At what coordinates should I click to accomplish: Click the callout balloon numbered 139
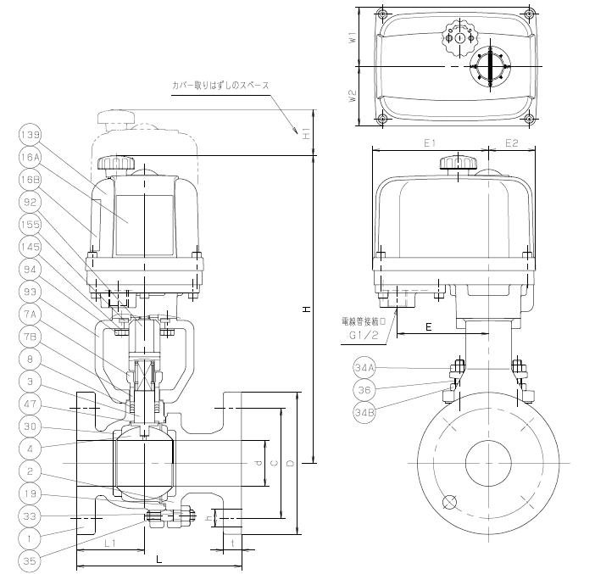pyautogui.click(x=30, y=134)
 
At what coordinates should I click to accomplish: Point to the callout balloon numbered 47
pyautogui.click(x=30, y=406)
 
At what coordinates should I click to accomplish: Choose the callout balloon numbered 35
pyautogui.click(x=30, y=560)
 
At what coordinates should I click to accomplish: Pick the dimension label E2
pyautogui.click(x=511, y=143)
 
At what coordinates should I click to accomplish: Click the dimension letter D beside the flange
pyautogui.click(x=291, y=462)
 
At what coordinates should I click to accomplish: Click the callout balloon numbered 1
pyautogui.click(x=30, y=538)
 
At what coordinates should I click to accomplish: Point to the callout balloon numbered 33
pyautogui.click(x=30, y=515)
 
